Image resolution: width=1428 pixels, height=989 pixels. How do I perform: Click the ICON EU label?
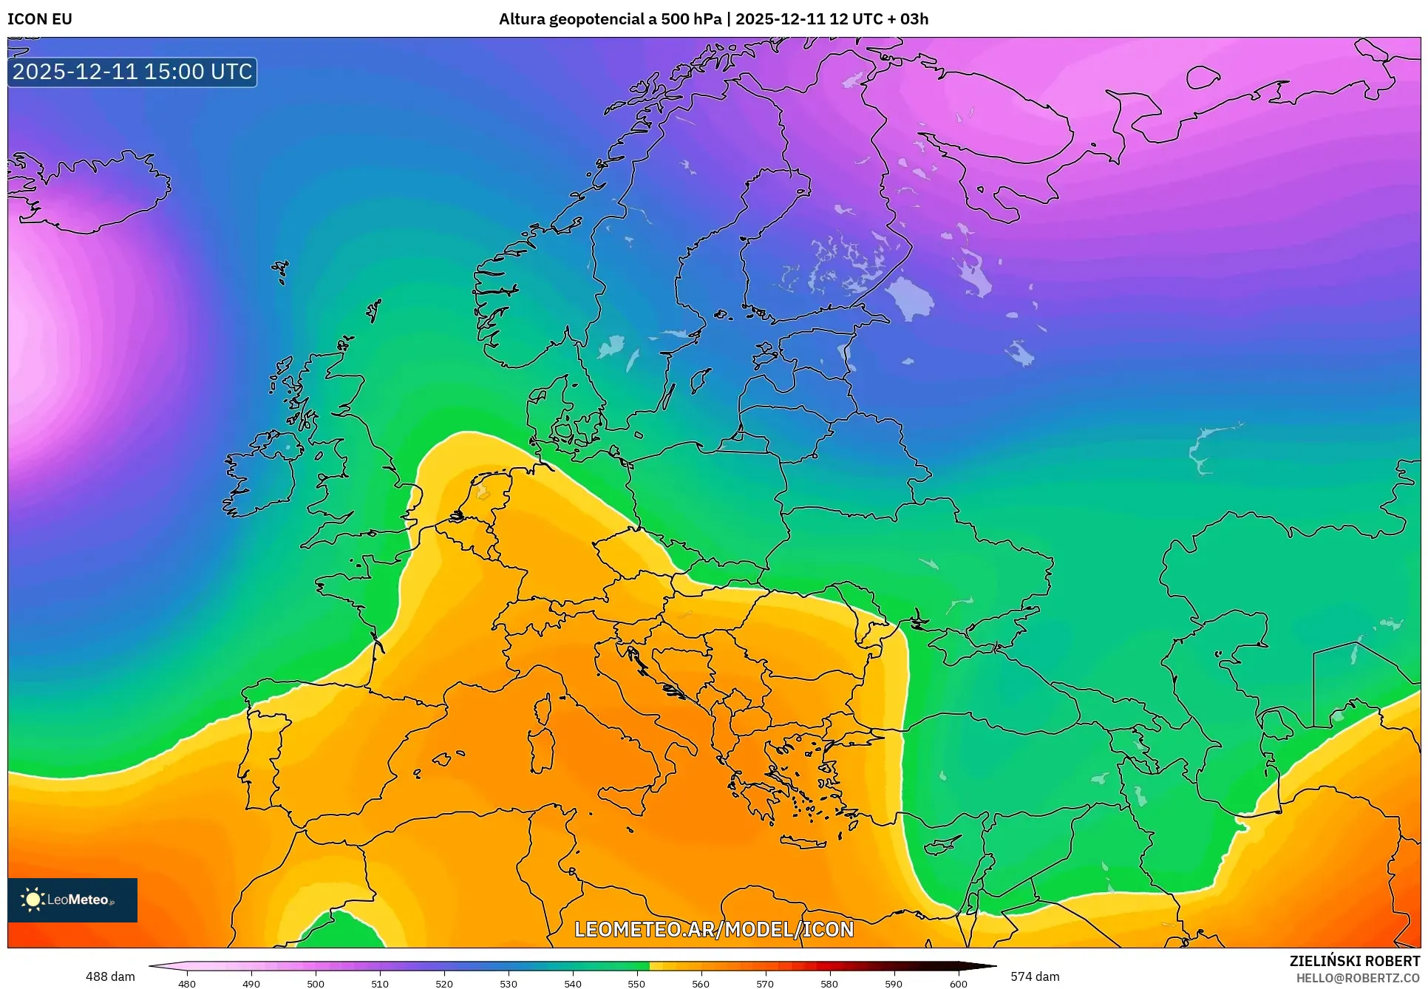(40, 19)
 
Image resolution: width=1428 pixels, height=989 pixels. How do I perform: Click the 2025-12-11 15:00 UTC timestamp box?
(132, 72)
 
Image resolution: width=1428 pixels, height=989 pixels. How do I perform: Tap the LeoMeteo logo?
(72, 900)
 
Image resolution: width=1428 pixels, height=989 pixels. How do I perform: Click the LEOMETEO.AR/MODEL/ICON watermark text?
(714, 929)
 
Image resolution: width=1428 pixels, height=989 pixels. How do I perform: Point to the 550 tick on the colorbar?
(636, 983)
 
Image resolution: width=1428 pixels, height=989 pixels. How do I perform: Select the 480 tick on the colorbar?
(187, 983)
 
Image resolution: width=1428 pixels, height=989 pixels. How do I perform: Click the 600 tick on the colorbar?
(958, 983)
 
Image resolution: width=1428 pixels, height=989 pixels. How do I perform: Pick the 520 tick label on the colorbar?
(444, 983)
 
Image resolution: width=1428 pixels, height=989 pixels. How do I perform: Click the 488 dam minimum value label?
(110, 976)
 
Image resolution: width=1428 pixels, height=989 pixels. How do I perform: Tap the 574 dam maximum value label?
(1035, 976)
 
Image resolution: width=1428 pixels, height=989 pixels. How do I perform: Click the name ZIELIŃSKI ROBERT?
(1354, 961)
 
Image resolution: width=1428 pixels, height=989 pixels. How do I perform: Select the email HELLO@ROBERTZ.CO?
(1357, 978)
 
